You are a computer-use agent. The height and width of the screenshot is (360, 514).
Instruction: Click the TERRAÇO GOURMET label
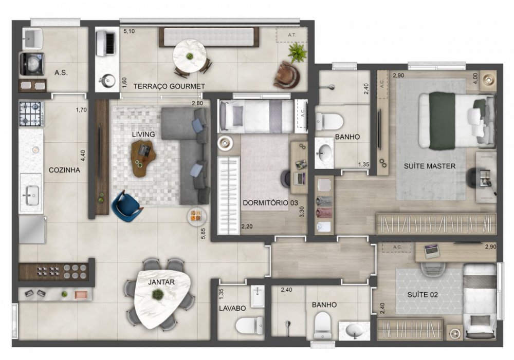coord(169,86)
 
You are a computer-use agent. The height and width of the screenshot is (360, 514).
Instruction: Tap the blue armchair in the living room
coord(126,206)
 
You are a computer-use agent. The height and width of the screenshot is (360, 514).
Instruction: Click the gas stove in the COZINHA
coord(30,113)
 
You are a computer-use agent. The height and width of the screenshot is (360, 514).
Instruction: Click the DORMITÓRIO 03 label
coord(270,202)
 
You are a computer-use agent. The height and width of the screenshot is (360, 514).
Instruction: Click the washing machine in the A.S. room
coord(31,64)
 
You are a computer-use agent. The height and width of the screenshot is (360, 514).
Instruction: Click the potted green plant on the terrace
coord(297,52)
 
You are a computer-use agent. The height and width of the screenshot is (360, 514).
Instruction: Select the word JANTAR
coord(161,282)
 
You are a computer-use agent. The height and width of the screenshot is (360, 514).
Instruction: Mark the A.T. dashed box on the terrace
coord(291,34)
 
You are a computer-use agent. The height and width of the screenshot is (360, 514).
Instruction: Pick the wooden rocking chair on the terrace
coord(287,75)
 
